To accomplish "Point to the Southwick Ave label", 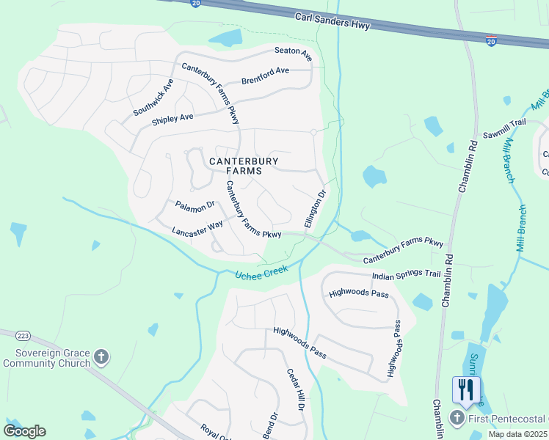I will (x=153, y=96).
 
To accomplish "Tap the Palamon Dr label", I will (x=194, y=206).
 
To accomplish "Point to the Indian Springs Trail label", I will (x=406, y=275).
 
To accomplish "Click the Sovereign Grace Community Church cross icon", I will (x=101, y=357).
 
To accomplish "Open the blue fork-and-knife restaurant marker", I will (x=466, y=389).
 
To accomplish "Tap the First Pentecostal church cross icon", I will (x=457, y=419).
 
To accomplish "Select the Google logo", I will (x=24, y=430).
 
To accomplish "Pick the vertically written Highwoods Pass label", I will (x=396, y=349).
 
